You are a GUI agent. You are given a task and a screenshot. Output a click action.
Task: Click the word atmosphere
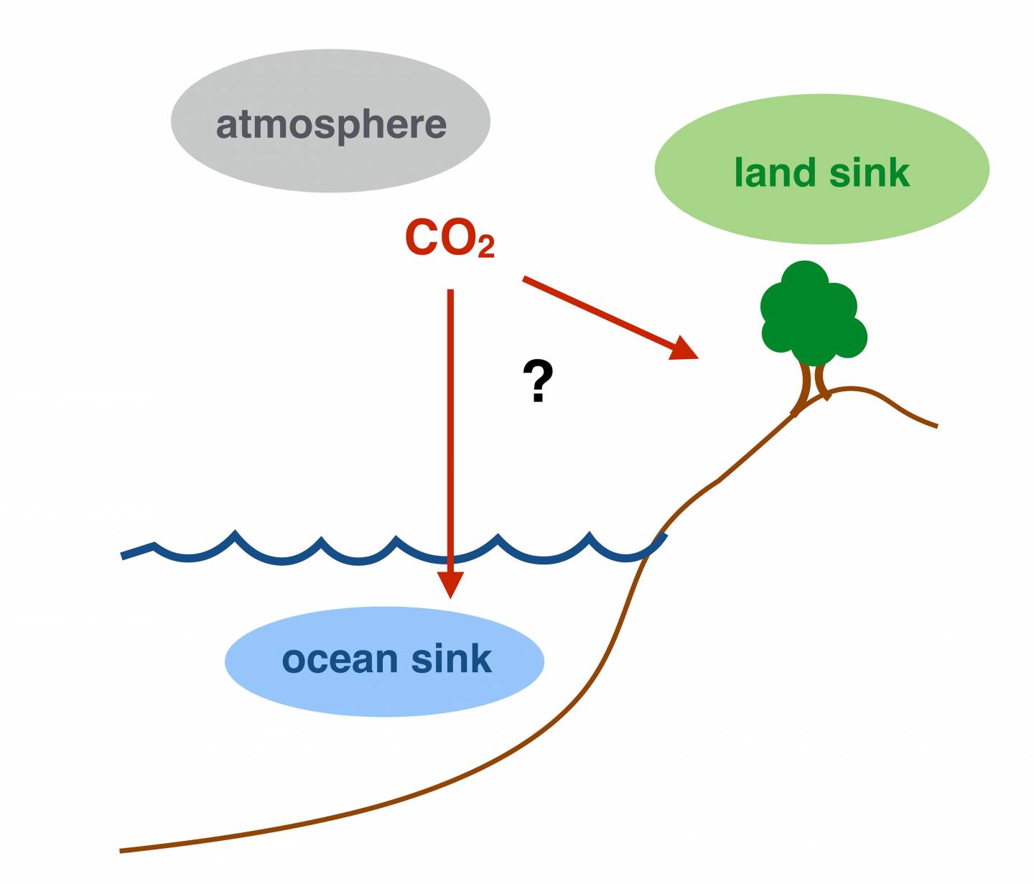pyautogui.click(x=331, y=124)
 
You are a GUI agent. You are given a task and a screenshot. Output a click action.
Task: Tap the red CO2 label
pyautogui.click(x=449, y=238)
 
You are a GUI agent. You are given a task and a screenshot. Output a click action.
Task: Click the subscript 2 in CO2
pyautogui.click(x=486, y=247)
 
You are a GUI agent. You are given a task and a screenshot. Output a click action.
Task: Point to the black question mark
pyautogui.click(x=538, y=381)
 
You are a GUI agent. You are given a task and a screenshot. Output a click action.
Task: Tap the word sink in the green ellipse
pyautogui.click(x=870, y=172)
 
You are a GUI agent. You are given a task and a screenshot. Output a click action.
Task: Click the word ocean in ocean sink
pyautogui.click(x=340, y=659)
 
